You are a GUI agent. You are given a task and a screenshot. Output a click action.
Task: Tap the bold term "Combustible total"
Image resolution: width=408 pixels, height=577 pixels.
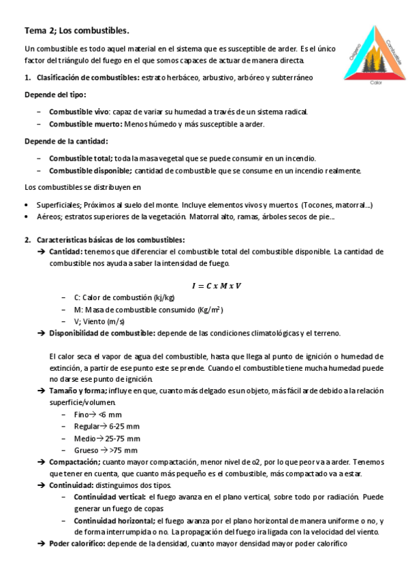click(81, 158)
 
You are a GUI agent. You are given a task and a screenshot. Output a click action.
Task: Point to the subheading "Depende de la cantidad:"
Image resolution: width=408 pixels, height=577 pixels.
click(66, 141)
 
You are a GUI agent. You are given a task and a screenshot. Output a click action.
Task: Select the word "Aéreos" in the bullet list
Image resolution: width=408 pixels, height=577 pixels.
click(50, 217)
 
